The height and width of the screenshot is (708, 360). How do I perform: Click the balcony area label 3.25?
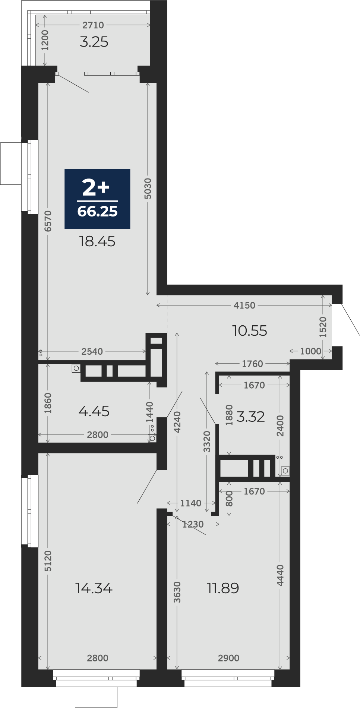click(x=94, y=42)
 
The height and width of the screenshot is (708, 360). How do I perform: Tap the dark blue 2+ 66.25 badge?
click(x=97, y=199)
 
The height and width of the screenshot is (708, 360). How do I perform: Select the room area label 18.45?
click(x=97, y=241)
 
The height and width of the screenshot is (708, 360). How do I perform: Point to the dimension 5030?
click(x=148, y=188)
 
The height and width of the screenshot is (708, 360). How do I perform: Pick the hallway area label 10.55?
click(x=249, y=331)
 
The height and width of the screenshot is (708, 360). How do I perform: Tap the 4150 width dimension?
click(x=244, y=305)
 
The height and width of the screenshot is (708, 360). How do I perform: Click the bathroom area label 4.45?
click(x=94, y=411)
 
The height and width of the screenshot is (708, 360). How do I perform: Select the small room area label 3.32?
click(x=250, y=417)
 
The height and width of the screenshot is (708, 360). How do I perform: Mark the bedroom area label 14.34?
click(x=94, y=588)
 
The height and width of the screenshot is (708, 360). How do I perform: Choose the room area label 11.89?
click(x=223, y=588)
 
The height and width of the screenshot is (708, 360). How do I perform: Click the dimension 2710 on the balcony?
click(x=93, y=25)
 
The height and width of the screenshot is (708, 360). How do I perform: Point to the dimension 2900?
click(x=228, y=658)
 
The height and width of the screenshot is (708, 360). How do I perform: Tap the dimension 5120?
click(x=48, y=561)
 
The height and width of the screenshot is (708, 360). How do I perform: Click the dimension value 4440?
click(x=280, y=575)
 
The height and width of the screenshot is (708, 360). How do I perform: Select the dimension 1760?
click(x=252, y=364)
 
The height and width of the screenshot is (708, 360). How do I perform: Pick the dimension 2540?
click(x=92, y=351)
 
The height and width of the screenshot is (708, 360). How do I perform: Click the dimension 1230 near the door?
click(x=193, y=524)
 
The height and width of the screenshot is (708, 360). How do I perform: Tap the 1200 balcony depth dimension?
click(x=45, y=40)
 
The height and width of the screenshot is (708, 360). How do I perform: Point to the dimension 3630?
click(x=177, y=592)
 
